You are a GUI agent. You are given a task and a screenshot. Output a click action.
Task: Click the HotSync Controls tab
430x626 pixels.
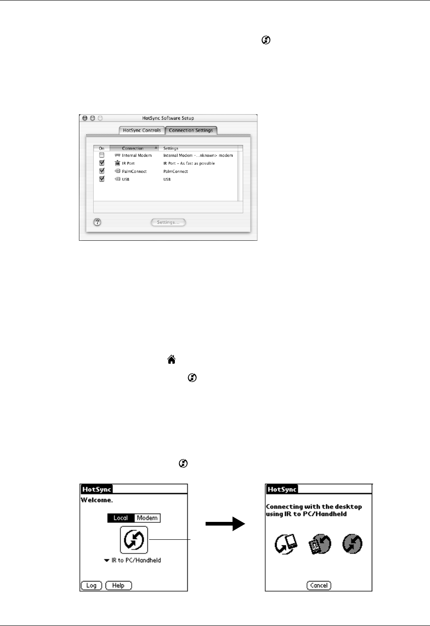142,130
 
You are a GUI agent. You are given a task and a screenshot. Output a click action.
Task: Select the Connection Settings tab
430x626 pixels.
191,130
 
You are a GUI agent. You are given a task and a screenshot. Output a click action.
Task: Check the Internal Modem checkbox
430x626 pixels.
102,155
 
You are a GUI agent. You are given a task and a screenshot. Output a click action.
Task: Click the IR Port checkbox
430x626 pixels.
102,163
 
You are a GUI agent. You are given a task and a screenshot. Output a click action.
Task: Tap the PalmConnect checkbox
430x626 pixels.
102,171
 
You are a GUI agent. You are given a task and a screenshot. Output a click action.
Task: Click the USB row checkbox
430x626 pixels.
102,179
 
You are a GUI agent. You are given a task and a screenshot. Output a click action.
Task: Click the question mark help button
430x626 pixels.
97,222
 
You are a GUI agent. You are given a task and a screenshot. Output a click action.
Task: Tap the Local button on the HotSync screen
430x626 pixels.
121,518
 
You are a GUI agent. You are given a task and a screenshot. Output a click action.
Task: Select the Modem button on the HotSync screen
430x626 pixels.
147,518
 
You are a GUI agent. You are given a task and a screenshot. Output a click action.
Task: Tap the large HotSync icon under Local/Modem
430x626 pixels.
134,539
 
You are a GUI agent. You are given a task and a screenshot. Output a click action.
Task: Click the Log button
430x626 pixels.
91,585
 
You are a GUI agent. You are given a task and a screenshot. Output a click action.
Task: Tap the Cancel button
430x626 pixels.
319,585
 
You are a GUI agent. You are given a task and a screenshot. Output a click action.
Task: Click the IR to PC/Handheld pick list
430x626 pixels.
133,560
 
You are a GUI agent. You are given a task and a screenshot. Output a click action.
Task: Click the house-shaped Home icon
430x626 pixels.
172,360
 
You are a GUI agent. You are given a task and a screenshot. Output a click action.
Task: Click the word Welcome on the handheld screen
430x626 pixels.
96,500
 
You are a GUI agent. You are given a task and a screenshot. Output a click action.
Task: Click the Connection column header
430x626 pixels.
133,148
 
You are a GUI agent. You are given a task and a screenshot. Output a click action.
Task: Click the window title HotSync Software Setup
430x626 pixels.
168,118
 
